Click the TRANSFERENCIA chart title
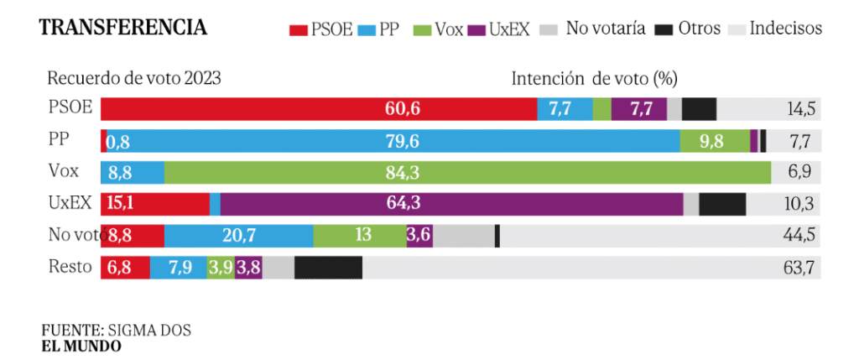click(122, 28)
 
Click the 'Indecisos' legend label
click(785, 29)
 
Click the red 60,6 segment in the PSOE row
click(319, 109)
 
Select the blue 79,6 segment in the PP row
click(390, 141)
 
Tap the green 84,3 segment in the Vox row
click(467, 173)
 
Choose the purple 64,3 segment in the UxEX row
click(451, 204)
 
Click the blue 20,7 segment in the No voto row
click(238, 236)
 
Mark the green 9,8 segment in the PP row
click(714, 141)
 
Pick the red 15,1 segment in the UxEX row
click(154, 204)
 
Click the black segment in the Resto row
click(328, 268)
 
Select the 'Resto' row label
click(68, 267)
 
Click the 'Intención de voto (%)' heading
click(594, 79)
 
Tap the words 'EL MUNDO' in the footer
click(81, 346)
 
